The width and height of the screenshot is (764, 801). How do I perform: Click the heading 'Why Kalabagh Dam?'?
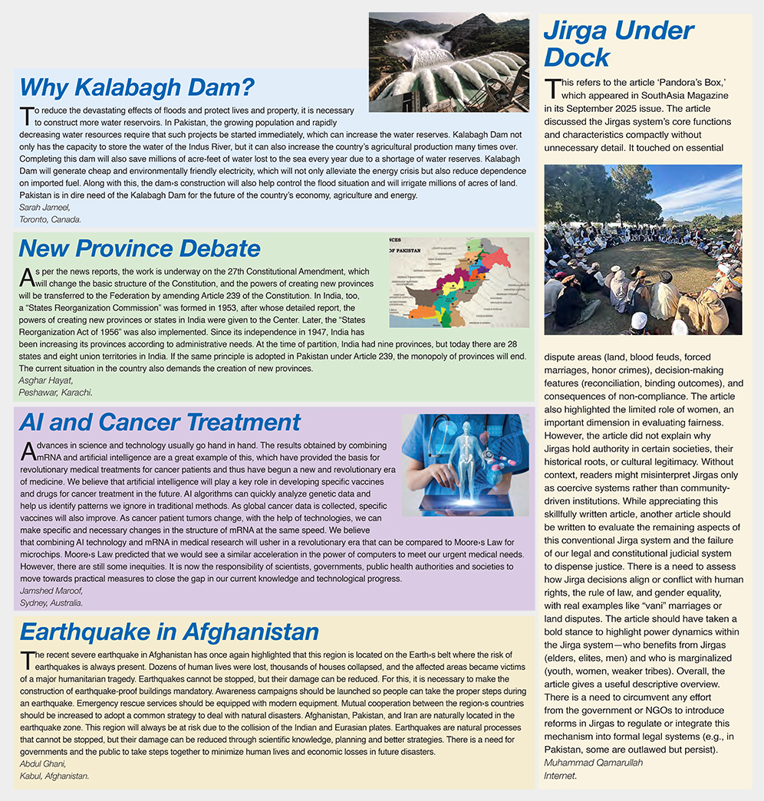click(x=137, y=87)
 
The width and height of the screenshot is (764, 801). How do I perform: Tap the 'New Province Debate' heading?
click(x=140, y=248)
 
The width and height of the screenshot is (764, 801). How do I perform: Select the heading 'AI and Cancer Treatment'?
click(x=160, y=422)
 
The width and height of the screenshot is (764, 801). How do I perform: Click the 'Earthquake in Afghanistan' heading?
click(x=169, y=632)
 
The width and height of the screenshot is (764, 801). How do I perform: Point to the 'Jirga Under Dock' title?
click(x=618, y=43)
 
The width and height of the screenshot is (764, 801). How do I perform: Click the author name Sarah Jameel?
click(x=43, y=208)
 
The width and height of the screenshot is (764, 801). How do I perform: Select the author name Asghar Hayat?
click(x=45, y=380)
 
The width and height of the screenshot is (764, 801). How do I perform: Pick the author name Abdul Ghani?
click(x=42, y=763)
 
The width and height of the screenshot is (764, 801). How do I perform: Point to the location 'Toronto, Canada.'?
click(x=50, y=219)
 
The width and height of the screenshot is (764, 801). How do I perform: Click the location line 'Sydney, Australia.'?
click(x=51, y=603)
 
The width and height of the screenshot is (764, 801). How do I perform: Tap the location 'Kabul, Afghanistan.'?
click(x=54, y=776)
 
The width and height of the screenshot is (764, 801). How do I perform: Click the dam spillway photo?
click(x=448, y=62)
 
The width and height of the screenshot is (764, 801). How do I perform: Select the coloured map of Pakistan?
click(x=458, y=281)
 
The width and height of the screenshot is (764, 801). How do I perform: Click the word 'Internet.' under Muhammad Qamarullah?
click(x=560, y=776)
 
